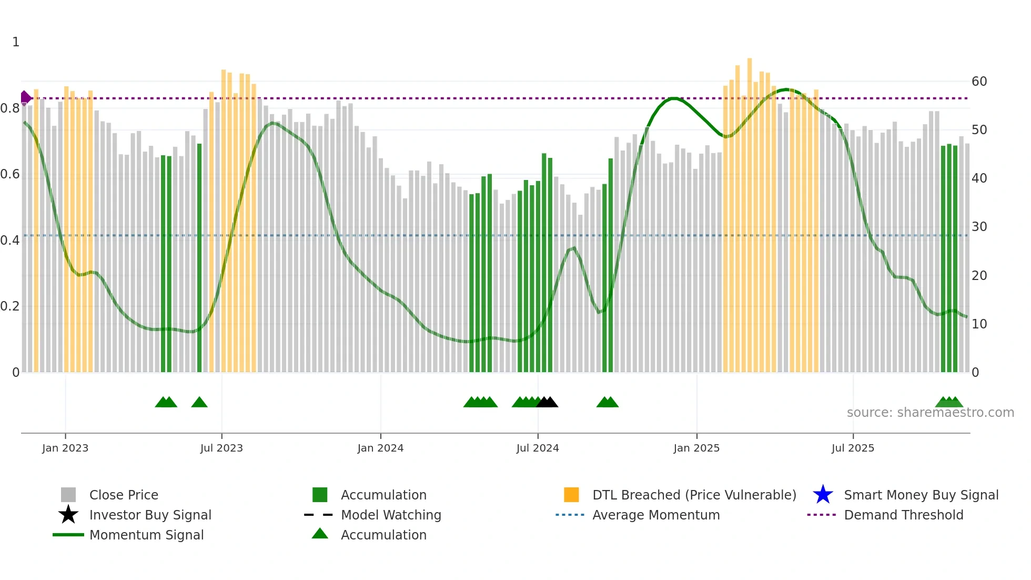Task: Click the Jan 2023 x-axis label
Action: pos(65,448)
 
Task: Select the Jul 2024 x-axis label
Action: pos(538,448)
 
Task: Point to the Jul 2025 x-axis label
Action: pos(853,448)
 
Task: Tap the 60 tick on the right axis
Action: pos(979,82)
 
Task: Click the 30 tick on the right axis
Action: pos(979,227)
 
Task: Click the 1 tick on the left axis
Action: pos(16,42)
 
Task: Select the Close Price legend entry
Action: pos(124,495)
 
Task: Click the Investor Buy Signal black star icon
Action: pos(68,515)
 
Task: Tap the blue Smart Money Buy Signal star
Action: pos(823,495)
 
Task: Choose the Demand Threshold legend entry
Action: pos(903,515)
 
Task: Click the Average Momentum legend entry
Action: pos(655,515)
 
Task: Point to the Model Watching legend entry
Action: pos(390,515)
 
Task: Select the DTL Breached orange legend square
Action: pos(571,495)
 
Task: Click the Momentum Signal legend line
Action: pos(68,535)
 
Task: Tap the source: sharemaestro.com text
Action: pos(930,413)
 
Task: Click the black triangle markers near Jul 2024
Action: pos(547,403)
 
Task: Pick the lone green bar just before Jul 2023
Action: pos(199,258)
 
